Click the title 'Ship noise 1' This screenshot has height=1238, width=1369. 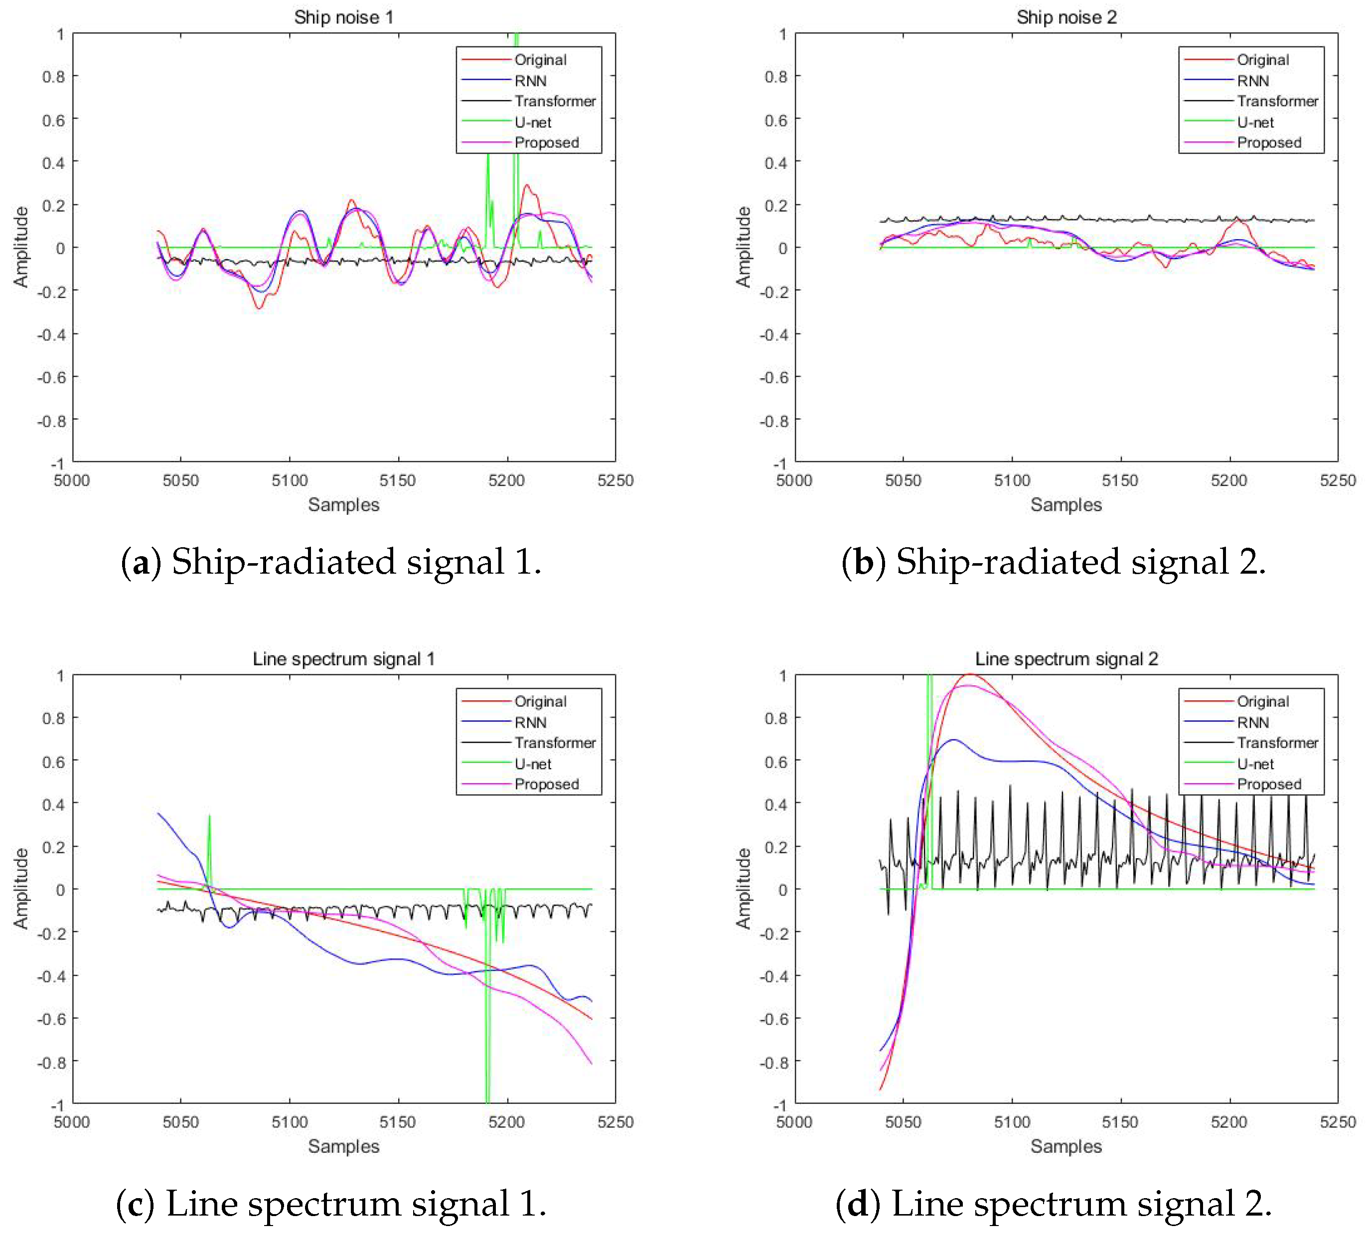click(343, 17)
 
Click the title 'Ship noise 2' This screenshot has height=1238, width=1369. click(1066, 17)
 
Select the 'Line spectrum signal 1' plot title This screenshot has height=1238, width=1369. click(343, 659)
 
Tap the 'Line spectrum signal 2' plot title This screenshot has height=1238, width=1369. click(1066, 659)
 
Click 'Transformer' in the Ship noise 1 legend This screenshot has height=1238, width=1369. click(555, 101)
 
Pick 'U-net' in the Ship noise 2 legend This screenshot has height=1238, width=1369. click(1255, 122)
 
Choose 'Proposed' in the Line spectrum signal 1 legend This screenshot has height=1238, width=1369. click(547, 784)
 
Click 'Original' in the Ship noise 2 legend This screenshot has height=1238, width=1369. click(1262, 60)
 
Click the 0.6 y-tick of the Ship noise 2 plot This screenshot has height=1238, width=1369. click(775, 120)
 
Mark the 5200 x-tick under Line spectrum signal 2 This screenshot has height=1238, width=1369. click(1229, 1122)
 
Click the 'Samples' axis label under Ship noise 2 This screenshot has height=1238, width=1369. click(1066, 504)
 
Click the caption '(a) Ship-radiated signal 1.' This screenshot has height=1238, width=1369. click(331, 562)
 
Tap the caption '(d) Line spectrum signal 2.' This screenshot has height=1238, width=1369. click(1053, 1204)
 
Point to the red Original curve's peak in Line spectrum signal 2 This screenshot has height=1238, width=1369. click(970, 674)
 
